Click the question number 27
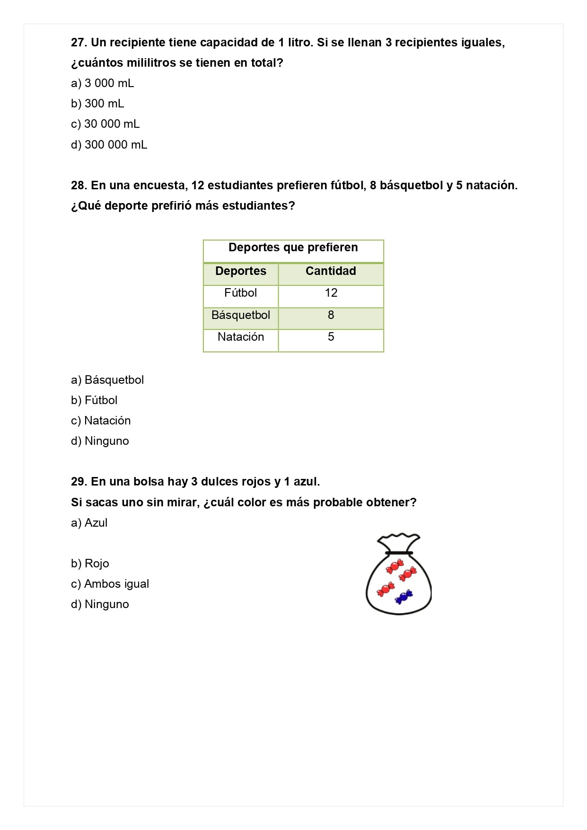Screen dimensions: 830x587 (79, 43)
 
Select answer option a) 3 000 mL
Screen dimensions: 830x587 (103, 83)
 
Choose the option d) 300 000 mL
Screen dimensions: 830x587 (109, 145)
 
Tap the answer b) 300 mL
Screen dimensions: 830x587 (97, 104)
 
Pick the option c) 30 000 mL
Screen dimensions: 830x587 (105, 124)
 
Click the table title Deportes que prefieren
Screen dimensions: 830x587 (293, 247)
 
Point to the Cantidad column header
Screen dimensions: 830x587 (331, 271)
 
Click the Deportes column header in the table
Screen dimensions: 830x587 (241, 271)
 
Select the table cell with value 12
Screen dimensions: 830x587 (331, 293)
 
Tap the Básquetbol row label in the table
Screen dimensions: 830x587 (241, 315)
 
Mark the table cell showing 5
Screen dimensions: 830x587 (331, 337)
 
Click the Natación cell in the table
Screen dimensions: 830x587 (241, 337)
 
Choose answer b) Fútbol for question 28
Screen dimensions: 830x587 (94, 400)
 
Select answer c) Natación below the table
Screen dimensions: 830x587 (101, 421)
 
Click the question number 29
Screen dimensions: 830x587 (79, 482)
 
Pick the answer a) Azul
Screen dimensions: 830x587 (89, 523)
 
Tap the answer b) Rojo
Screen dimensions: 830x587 (90, 564)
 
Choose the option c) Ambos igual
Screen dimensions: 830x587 (110, 584)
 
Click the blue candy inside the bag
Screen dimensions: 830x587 (404, 597)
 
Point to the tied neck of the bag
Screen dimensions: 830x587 (399, 553)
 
